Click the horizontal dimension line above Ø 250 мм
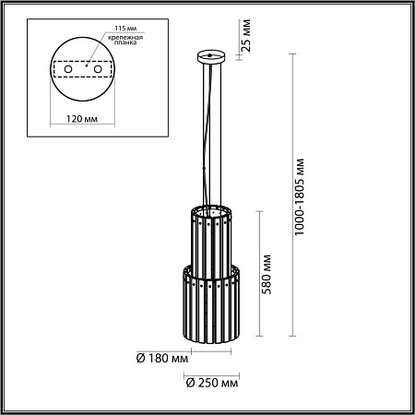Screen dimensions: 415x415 point(213,373)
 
